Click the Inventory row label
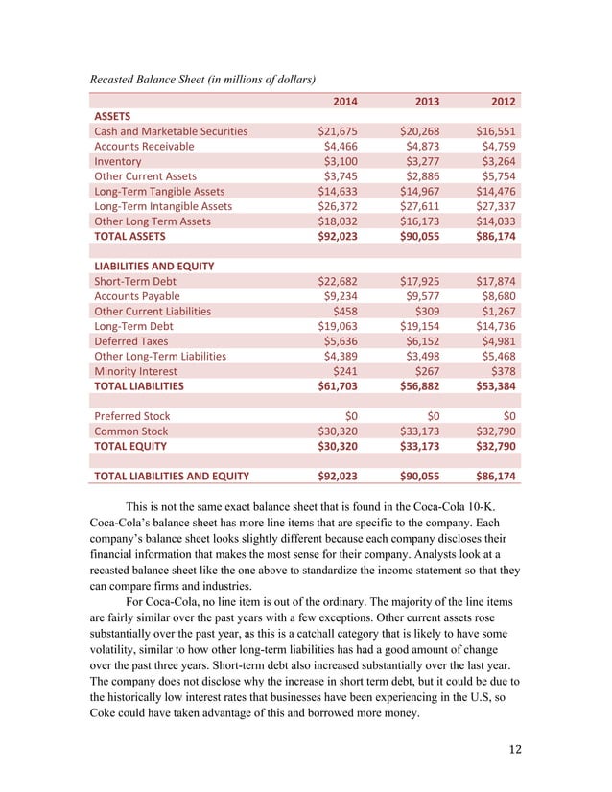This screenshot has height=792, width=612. point(120,161)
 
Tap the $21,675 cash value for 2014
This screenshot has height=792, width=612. point(338,131)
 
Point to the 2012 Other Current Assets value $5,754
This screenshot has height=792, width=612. point(496,176)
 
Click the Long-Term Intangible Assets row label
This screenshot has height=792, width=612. point(162,205)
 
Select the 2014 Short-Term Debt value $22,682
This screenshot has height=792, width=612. point(338,281)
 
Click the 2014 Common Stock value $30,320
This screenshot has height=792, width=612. point(338,431)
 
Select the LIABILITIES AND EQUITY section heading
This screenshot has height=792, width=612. point(153,266)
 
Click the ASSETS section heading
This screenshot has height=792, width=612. point(114,116)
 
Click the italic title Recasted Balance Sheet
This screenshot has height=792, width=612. point(202,77)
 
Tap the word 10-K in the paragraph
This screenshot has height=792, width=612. point(475,504)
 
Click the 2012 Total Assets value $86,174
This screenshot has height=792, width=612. point(496,235)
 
